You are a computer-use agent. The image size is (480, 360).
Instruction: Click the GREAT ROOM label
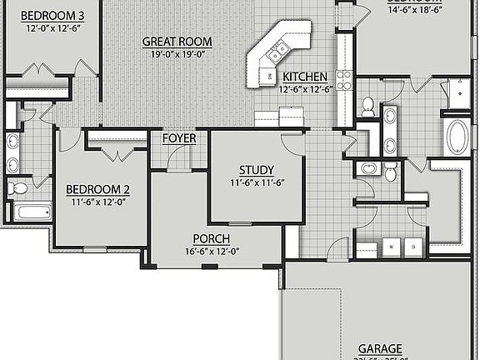(x=177, y=41)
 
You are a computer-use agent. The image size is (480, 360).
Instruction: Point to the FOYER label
(x=179, y=138)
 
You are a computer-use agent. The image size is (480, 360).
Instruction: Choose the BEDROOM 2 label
(x=97, y=188)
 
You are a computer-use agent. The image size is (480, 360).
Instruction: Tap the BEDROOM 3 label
(x=52, y=16)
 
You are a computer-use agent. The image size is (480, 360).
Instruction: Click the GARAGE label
(x=380, y=348)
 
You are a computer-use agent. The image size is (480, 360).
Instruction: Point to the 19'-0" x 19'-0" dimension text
(x=177, y=54)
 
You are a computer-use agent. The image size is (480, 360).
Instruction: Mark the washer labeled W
(x=391, y=247)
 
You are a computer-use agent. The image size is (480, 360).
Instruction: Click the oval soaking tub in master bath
(x=457, y=137)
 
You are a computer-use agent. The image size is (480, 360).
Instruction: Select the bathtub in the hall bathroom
(x=32, y=212)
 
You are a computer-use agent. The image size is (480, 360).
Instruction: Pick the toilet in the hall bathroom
(x=17, y=188)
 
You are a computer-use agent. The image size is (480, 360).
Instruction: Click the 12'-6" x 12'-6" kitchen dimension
(x=305, y=88)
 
